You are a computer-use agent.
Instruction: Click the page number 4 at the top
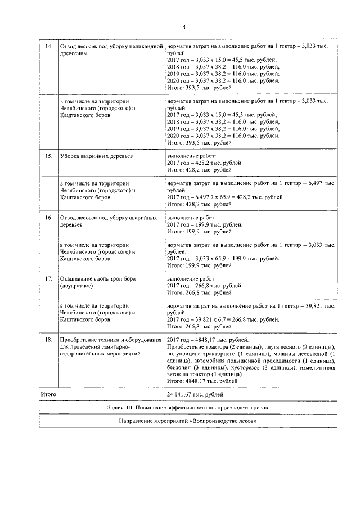pos(183,27)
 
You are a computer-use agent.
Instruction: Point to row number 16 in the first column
pos(48,217)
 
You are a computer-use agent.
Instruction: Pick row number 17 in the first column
pos(48,278)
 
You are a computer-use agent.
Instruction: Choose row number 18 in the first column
pos(48,340)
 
